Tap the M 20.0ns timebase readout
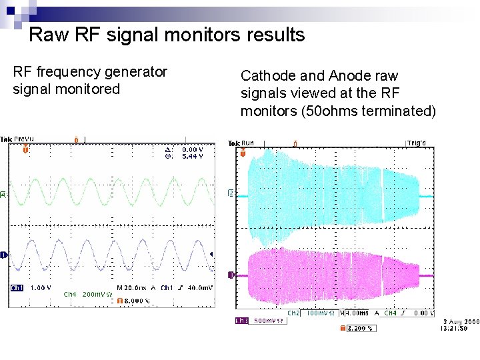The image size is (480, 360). tap(131, 288)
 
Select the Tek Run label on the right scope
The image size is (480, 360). tap(241, 143)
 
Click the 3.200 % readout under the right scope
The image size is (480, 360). tap(361, 328)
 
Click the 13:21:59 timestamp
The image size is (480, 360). tap(457, 328)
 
